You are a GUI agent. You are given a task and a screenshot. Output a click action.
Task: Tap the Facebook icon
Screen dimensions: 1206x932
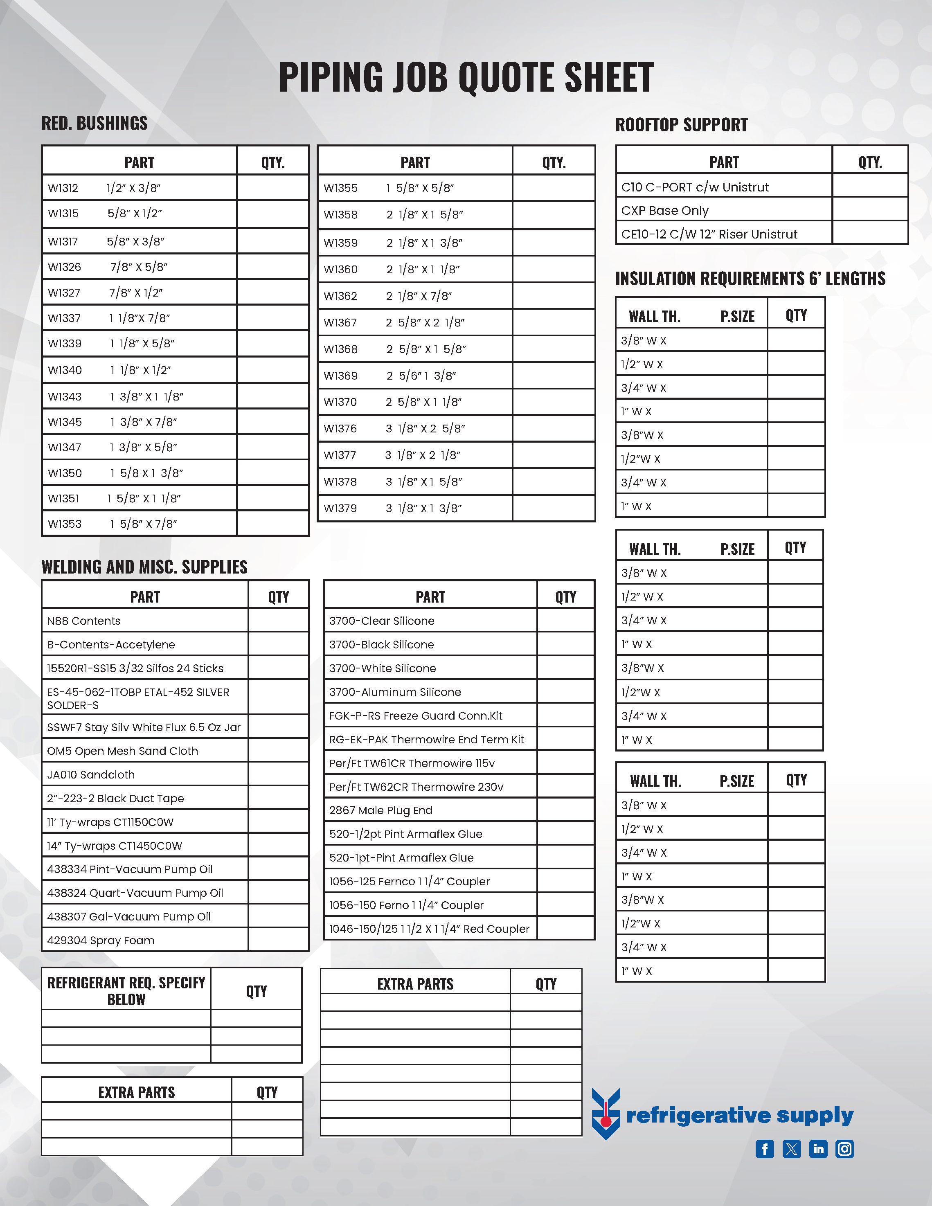tap(765, 1149)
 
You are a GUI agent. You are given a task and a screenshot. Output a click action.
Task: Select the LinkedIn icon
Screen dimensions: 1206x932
tap(818, 1149)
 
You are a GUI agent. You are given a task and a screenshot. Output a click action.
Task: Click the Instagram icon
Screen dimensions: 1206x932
tap(845, 1149)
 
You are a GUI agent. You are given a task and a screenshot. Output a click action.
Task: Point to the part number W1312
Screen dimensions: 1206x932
tap(63, 188)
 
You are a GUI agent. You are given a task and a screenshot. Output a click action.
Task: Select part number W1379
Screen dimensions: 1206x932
tap(340, 509)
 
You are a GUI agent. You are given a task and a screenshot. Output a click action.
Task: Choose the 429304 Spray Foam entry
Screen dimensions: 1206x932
tap(101, 941)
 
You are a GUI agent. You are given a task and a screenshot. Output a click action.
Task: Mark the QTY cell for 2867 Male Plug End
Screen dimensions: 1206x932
tap(565, 810)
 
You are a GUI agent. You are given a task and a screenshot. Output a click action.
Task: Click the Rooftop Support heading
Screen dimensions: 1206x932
tap(681, 125)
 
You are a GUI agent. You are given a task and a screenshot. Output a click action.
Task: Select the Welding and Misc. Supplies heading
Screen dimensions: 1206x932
tap(144, 567)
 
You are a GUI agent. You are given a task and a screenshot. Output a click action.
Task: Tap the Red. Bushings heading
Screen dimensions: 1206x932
tap(95, 123)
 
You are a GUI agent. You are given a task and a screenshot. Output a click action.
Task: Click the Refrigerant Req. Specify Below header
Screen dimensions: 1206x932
tap(126, 991)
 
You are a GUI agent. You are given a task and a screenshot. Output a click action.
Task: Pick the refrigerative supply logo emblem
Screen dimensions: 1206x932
tap(606, 1113)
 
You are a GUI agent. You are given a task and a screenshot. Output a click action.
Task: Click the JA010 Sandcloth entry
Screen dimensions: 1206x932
tap(90, 775)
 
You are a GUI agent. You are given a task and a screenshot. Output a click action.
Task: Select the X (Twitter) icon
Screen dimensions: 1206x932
tap(792, 1149)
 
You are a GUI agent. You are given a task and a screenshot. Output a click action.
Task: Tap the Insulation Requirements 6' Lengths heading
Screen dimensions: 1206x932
tap(750, 279)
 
